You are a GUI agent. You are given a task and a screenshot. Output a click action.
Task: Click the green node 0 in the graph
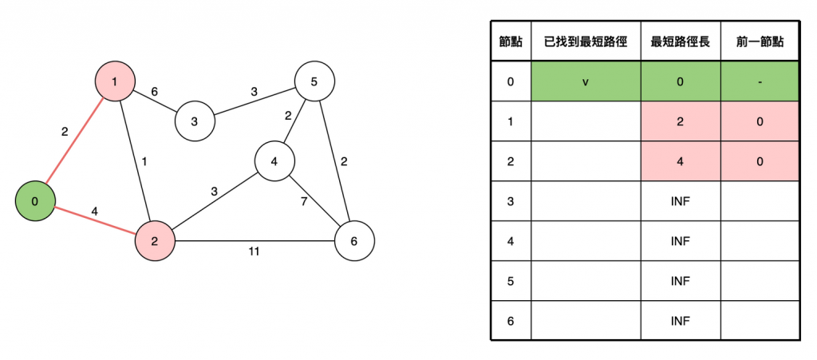click(x=34, y=201)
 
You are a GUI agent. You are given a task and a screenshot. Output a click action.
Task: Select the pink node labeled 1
click(x=114, y=81)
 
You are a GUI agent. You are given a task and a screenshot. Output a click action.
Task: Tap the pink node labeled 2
click(x=155, y=240)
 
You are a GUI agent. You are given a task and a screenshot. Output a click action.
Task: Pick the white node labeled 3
click(x=194, y=121)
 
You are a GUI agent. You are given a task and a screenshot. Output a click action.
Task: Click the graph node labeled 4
click(x=274, y=161)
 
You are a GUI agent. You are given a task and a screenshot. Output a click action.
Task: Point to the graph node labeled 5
click(x=314, y=81)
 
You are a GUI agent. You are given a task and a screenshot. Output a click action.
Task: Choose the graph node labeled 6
click(x=354, y=240)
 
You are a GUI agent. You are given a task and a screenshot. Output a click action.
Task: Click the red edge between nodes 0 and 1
click(x=74, y=141)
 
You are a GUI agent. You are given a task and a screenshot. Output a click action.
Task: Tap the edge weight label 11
click(x=254, y=251)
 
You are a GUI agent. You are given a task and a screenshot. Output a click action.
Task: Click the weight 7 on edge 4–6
click(x=303, y=201)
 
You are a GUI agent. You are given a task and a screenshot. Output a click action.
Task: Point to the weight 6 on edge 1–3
click(x=154, y=92)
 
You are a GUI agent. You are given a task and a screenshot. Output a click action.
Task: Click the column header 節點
click(x=511, y=42)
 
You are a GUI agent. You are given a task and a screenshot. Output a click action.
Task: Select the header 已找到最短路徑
click(x=586, y=42)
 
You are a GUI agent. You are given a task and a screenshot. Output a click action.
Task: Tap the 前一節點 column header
click(x=760, y=42)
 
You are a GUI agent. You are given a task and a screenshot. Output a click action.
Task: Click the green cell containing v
click(x=586, y=81)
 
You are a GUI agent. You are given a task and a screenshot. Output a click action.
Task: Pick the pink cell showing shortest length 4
click(x=680, y=161)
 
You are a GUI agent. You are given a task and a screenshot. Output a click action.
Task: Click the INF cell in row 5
click(x=680, y=281)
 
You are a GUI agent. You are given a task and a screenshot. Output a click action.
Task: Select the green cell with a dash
click(x=760, y=81)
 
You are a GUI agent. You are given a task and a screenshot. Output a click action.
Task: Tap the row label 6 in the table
click(x=511, y=321)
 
